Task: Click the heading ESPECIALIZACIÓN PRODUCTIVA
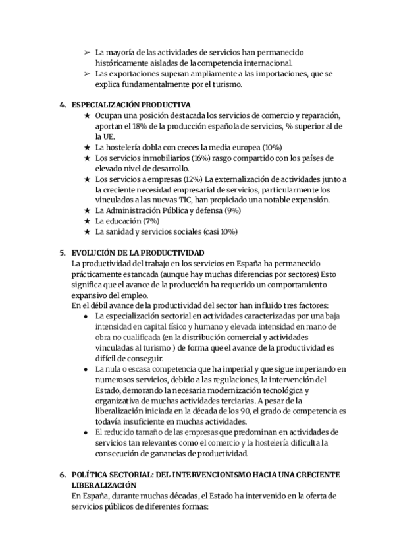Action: (x=130, y=105)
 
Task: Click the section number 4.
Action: (x=62, y=105)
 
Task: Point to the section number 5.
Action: (x=62, y=253)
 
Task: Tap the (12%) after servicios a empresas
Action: (x=192, y=179)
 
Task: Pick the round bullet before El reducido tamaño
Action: (x=87, y=432)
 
